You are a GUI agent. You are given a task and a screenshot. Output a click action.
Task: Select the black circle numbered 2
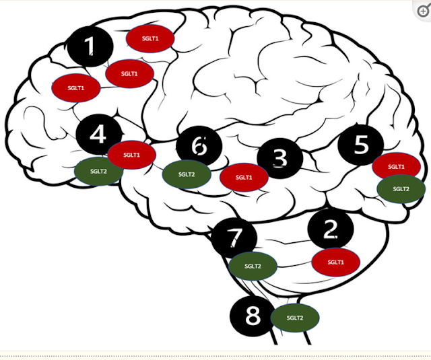[x=330, y=229]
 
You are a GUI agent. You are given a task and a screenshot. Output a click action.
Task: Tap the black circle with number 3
[x=279, y=158]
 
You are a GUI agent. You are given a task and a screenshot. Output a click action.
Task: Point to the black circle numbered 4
[x=98, y=135]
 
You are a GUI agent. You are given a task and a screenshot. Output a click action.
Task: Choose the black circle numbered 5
[x=360, y=145]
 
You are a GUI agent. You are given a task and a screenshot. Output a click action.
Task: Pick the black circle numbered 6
[x=199, y=146]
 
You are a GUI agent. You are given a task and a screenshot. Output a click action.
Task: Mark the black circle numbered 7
[x=234, y=238]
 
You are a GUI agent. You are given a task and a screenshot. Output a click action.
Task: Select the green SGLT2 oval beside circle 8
[x=295, y=318]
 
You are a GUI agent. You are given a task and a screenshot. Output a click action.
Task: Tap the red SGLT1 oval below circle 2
[x=335, y=262]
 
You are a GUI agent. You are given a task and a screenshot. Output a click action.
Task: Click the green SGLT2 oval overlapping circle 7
[x=253, y=266]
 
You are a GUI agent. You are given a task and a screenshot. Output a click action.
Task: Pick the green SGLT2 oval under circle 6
[x=187, y=174]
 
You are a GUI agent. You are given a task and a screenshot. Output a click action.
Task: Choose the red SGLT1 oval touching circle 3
[x=244, y=178]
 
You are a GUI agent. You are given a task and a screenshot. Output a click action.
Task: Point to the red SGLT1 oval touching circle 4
[x=132, y=155]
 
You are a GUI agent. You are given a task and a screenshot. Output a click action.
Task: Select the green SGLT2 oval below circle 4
[x=98, y=172]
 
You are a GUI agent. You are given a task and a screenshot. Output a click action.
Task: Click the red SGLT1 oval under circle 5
[x=397, y=166]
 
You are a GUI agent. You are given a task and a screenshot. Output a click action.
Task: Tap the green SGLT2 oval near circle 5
[x=401, y=189]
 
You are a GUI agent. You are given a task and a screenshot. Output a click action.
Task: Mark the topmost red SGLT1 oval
[x=150, y=38]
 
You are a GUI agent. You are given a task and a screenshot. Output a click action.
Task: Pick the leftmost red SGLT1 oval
[x=76, y=87]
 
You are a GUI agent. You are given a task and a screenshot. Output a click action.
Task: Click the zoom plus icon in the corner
[x=423, y=11]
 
